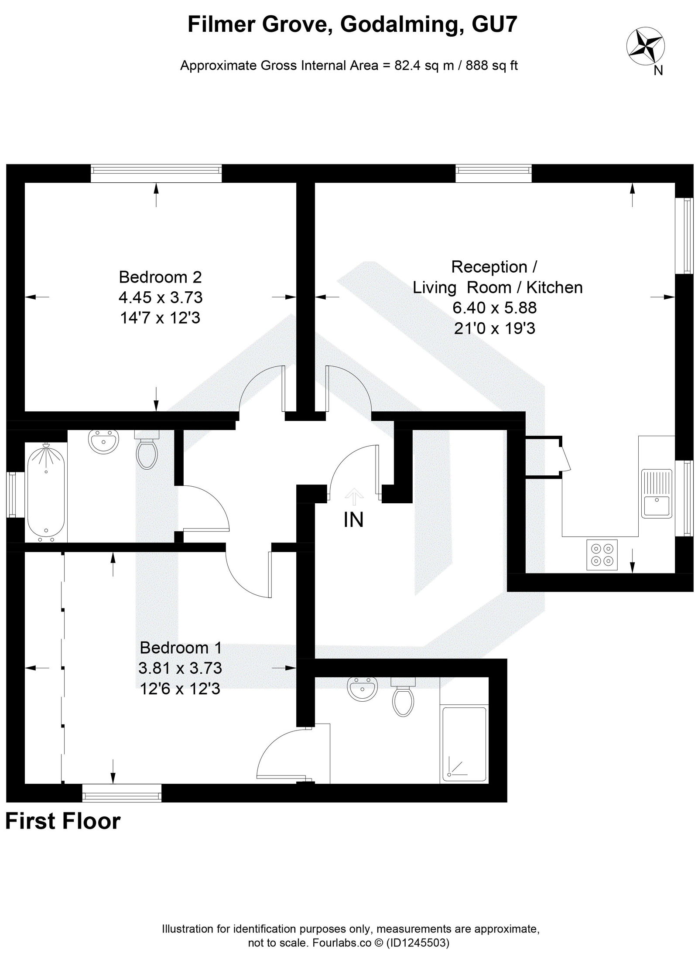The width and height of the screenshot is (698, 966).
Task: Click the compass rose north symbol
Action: [646, 48]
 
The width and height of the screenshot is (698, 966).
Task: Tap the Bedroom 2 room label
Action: [160, 277]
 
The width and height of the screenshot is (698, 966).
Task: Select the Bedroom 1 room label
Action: [181, 648]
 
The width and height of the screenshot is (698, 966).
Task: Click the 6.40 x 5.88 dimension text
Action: [494, 308]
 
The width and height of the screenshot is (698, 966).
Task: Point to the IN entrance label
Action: [353, 520]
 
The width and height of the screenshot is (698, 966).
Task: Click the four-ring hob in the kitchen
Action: [602, 555]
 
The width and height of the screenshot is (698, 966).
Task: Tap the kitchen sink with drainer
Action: [657, 492]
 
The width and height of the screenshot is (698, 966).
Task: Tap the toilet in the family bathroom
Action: [147, 452]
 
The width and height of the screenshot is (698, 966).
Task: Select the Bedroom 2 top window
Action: [156, 173]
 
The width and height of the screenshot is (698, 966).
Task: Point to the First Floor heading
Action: [63, 821]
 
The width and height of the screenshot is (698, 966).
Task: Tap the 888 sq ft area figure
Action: [492, 66]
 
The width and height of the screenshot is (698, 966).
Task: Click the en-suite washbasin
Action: [361, 689]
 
